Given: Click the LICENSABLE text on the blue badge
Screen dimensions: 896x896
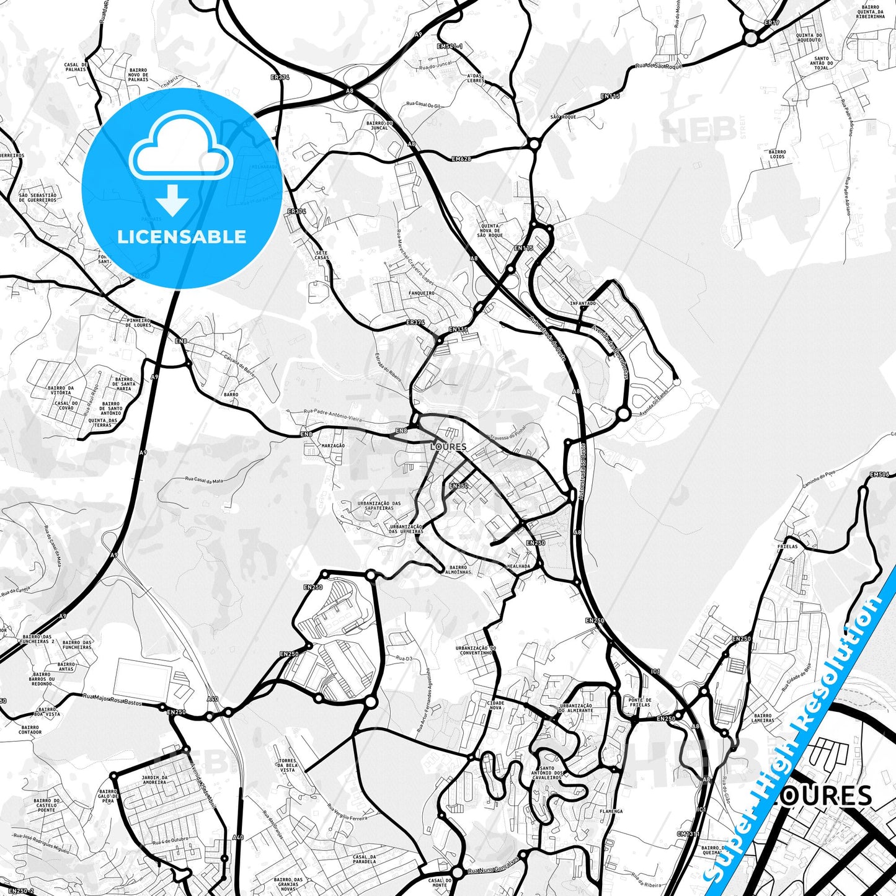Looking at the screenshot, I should pyautogui.click(x=182, y=237).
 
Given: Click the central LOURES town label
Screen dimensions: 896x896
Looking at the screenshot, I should pyautogui.click(x=448, y=446).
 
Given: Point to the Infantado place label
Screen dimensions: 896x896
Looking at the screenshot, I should pyautogui.click(x=582, y=304).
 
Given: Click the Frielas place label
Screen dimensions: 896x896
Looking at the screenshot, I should pyautogui.click(x=787, y=547).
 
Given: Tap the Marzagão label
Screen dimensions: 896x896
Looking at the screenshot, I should pyautogui.click(x=333, y=446).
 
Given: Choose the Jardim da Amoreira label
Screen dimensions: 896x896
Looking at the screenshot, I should pyautogui.click(x=154, y=779).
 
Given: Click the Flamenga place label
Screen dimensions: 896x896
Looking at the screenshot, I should pyautogui.click(x=611, y=811).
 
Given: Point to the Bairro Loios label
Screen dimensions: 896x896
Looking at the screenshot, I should pyautogui.click(x=777, y=154).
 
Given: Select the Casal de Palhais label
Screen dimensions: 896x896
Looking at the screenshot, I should pyautogui.click(x=75, y=67).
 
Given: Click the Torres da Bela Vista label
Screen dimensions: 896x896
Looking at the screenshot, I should pyautogui.click(x=288, y=765).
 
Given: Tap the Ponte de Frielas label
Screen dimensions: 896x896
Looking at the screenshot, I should pyautogui.click(x=639, y=703).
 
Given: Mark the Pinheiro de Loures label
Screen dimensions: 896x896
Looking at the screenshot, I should pyautogui.click(x=138, y=322).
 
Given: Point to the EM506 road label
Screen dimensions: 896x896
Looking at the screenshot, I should pyautogui.click(x=879, y=475).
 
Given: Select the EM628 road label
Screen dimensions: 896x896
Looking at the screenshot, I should pyautogui.click(x=461, y=159).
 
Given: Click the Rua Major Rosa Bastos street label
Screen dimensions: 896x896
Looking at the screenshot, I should pyautogui.click(x=113, y=699).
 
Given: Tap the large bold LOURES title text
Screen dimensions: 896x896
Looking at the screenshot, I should pyautogui.click(x=825, y=796).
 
